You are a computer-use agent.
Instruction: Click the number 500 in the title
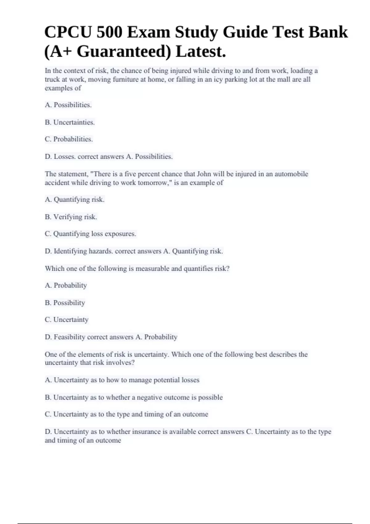[109, 32]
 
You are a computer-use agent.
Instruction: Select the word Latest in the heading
[200, 51]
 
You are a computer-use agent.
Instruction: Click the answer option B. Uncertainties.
[70, 122]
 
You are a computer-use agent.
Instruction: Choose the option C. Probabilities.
[69, 139]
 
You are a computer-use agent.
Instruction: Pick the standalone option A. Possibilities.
[68, 105]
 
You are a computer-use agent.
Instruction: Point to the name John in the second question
[204, 174]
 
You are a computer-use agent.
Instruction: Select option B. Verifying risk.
[71, 217]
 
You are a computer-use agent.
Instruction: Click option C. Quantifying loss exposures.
[90, 234]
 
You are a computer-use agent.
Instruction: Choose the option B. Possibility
[65, 303]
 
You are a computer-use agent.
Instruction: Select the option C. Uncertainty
[67, 320]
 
